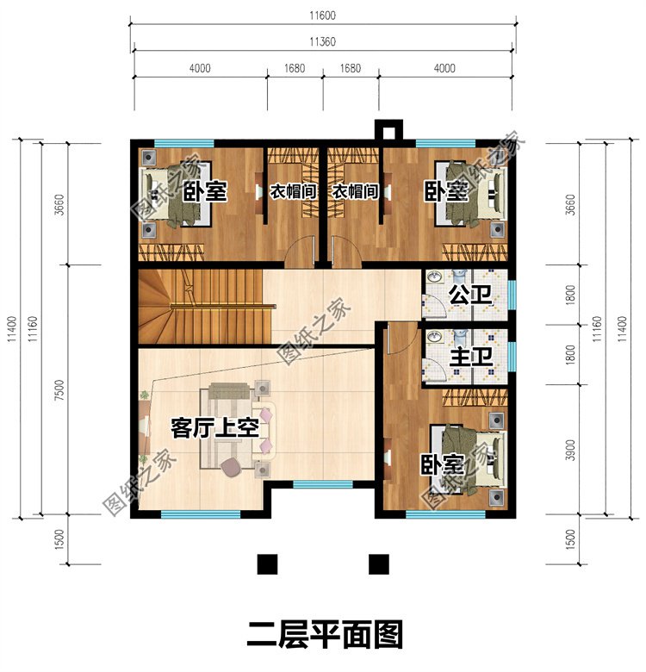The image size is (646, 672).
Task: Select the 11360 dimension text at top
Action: pyautogui.click(x=324, y=41)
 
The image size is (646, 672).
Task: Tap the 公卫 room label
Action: pyautogui.click(x=469, y=296)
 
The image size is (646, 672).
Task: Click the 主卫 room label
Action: pyautogui.click(x=469, y=355)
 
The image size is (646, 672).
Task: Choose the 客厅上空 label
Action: pyautogui.click(x=214, y=428)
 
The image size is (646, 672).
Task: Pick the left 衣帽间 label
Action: pyautogui.click(x=290, y=191)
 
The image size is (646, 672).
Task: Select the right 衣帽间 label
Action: pyautogui.click(x=356, y=191)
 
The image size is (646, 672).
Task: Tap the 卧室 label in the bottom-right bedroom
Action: pyautogui.click(x=442, y=466)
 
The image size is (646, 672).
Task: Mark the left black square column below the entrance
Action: pyautogui.click(x=269, y=564)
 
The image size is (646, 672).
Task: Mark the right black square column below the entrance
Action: pyautogui.click(x=377, y=564)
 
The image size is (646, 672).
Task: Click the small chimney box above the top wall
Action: pyautogui.click(x=388, y=130)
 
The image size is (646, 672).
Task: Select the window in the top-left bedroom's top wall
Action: pyautogui.click(x=183, y=142)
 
